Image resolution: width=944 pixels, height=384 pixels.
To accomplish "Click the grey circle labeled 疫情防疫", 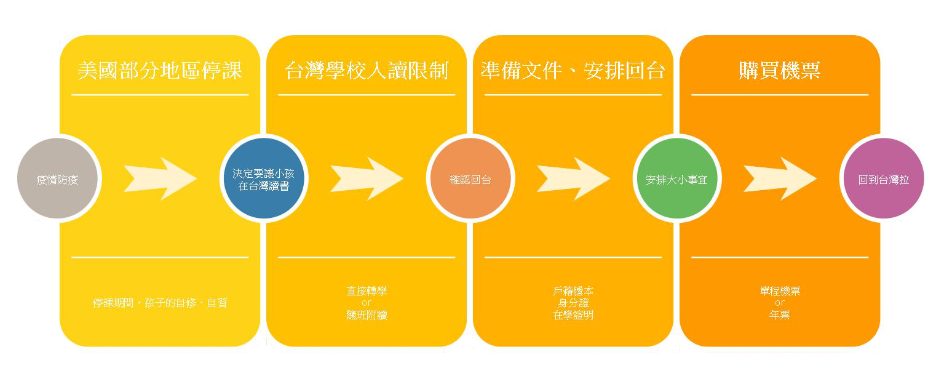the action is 57,178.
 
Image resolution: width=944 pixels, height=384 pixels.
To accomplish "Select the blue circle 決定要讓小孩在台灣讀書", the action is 264,178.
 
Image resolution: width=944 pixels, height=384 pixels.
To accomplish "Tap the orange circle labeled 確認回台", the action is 470,178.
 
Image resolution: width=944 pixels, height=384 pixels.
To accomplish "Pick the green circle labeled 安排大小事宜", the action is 677,178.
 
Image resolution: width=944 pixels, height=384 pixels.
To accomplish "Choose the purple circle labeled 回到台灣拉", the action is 884,178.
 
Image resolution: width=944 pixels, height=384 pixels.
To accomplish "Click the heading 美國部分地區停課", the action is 160,70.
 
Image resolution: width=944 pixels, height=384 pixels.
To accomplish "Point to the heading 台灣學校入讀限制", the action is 367,70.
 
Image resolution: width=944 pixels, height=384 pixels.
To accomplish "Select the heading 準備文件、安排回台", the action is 573,70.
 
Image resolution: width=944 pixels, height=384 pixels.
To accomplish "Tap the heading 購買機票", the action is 780,70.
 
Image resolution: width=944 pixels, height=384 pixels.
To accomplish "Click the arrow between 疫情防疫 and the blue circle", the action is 160,178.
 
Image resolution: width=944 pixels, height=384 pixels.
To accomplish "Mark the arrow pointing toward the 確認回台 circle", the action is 367,178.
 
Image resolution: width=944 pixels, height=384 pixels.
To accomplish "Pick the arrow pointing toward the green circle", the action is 573,178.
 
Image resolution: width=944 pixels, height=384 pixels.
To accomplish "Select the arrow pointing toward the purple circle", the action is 780,178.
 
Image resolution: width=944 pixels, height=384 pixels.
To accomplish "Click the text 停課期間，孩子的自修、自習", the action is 160,303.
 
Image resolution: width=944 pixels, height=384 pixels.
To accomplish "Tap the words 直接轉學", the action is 367,291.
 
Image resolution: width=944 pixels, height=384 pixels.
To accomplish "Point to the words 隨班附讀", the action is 367,315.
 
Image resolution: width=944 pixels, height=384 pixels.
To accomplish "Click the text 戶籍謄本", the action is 573,291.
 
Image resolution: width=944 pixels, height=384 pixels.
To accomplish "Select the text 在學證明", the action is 573,315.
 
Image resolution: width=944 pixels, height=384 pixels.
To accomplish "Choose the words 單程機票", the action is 780,291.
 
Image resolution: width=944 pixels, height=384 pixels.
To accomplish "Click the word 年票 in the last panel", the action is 780,315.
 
